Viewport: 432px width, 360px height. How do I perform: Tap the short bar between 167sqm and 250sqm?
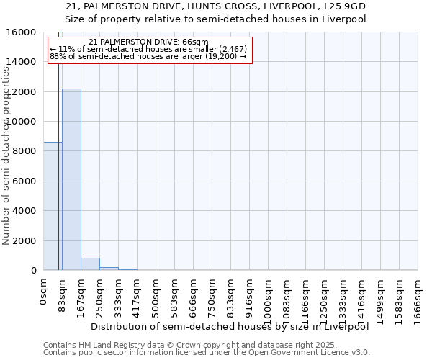click(x=90, y=264)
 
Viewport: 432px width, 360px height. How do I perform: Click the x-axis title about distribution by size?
click(x=230, y=326)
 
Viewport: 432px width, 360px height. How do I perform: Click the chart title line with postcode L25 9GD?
click(x=216, y=6)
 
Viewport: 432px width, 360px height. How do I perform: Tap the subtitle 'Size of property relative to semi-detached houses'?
click(x=216, y=19)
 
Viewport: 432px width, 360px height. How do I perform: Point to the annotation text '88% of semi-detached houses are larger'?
click(x=148, y=57)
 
